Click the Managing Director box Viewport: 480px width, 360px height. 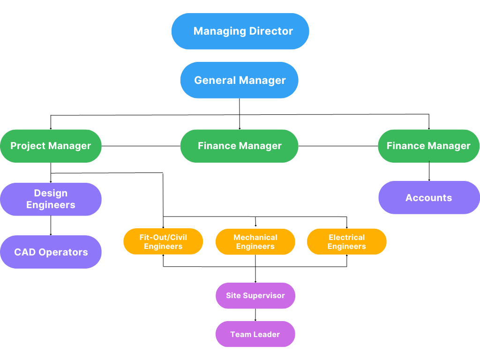(x=240, y=31)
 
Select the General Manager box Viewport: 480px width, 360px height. (x=239, y=80)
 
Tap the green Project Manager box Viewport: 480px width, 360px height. (x=51, y=146)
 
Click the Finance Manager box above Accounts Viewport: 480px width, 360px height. (x=428, y=146)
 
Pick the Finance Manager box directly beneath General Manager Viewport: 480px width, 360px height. (x=239, y=146)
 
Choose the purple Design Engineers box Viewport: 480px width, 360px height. (x=51, y=199)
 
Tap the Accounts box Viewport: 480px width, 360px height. (x=428, y=198)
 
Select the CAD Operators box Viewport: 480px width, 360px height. (x=51, y=252)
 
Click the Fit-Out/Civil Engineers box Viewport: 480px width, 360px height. (x=163, y=242)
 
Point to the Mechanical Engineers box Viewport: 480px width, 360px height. (x=255, y=242)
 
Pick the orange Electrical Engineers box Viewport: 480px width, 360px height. (x=347, y=242)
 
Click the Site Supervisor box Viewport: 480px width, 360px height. (x=255, y=296)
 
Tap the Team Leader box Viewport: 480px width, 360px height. (x=255, y=334)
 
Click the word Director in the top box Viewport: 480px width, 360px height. (x=271, y=31)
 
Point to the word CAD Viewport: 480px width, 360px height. (x=25, y=252)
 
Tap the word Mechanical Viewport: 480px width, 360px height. (x=255, y=237)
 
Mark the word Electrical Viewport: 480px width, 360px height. (x=347, y=237)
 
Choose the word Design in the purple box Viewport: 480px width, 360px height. (x=51, y=193)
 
